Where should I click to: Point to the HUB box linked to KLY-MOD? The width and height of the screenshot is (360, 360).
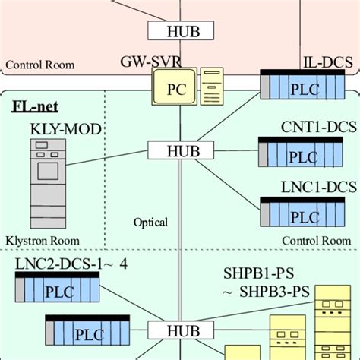coord(180,150)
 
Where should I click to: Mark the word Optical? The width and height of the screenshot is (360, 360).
coord(150,223)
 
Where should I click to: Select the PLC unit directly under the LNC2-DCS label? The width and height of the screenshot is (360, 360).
coord(57,291)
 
